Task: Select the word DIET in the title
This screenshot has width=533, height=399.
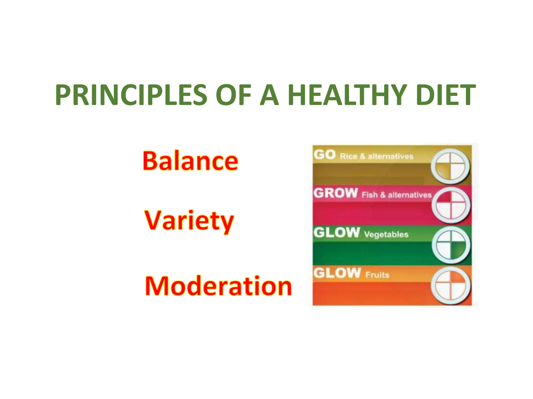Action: tap(446, 95)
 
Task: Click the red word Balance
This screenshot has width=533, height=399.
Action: tap(190, 161)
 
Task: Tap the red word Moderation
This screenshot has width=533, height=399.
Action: tap(218, 286)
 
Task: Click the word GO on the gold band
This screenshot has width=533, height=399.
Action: tap(325, 155)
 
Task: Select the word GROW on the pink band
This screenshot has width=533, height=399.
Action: tap(335, 193)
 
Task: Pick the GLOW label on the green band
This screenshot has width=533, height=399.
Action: tap(337, 232)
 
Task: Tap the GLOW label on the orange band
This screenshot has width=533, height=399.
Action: tap(337, 273)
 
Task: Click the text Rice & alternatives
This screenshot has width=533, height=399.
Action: tap(377, 156)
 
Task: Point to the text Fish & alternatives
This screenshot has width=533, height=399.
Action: tap(396, 195)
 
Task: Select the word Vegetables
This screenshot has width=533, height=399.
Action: tap(386, 235)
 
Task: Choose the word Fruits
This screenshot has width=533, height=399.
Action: tap(377, 275)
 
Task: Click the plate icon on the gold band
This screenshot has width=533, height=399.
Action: tap(450, 166)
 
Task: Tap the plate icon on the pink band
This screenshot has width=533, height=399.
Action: tap(451, 205)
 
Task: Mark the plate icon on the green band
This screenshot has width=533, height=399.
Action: tap(451, 245)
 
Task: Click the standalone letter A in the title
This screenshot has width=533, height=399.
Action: tap(269, 95)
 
